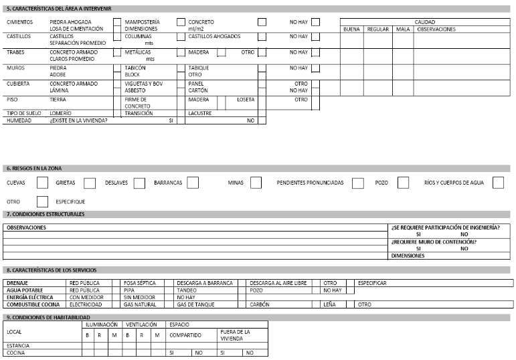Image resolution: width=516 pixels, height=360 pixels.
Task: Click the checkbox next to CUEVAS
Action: click(42, 183)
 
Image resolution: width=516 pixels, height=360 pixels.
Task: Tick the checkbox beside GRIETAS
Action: click(90, 183)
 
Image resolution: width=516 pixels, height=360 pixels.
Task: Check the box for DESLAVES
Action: click(139, 183)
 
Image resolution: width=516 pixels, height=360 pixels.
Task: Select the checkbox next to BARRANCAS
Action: click(193, 183)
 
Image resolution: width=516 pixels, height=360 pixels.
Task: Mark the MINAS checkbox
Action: click(256, 183)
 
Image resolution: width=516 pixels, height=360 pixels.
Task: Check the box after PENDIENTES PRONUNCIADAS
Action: click(358, 183)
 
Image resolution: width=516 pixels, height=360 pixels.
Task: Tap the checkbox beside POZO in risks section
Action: click(403, 183)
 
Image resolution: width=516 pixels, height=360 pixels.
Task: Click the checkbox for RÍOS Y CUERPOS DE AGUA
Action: click(498, 183)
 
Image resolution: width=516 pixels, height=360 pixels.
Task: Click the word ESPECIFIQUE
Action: click(70, 201)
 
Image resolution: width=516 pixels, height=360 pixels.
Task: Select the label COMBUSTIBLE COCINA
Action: click(33, 304)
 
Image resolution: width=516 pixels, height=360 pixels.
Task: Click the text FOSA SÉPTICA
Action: click(139, 283)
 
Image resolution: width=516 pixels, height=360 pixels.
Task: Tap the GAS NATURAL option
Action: click(139, 304)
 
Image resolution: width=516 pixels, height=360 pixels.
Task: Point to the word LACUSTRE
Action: click(200, 113)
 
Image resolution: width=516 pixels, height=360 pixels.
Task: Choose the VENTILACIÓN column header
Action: click(141, 324)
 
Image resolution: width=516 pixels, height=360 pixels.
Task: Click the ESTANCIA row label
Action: click(18, 345)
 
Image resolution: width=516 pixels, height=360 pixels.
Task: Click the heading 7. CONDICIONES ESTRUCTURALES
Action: click(45, 214)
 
